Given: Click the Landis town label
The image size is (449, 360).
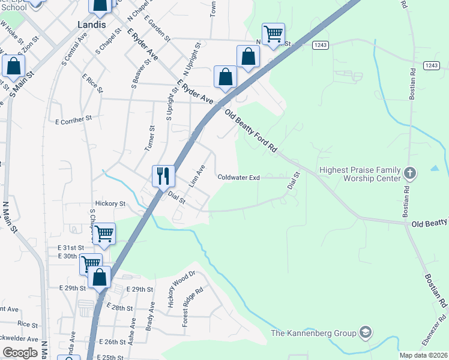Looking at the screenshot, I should (91, 25).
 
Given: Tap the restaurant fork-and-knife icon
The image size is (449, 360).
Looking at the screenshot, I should (163, 176).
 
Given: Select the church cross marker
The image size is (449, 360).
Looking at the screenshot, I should (410, 174).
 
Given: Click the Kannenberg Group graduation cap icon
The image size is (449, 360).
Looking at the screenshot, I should (365, 332).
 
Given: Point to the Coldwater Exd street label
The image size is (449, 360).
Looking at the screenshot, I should (238, 178).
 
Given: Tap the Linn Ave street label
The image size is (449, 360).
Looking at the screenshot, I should (197, 176).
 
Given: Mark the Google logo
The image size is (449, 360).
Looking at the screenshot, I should (20, 353).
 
